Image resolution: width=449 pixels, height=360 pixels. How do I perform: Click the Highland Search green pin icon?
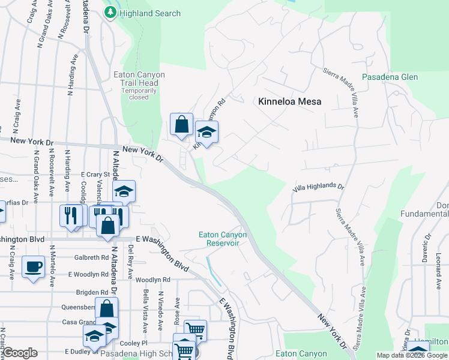[x=110, y=13]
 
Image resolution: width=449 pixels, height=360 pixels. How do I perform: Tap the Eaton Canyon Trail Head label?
[x=139, y=79]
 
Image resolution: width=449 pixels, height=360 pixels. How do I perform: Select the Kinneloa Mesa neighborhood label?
[x=289, y=101]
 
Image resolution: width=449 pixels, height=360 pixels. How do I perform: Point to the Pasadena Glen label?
[x=390, y=77]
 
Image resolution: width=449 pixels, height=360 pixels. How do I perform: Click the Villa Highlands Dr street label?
[x=319, y=188]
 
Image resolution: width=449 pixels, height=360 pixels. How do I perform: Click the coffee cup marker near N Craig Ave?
[x=33, y=266]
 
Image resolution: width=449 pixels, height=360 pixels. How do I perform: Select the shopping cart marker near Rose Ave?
[x=195, y=329]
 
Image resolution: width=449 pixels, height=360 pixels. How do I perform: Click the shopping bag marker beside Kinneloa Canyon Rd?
[x=181, y=124]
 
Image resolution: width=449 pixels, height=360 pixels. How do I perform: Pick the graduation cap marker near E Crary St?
[x=124, y=191]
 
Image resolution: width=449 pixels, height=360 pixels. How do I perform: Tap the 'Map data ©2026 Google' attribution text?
[x=412, y=355]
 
